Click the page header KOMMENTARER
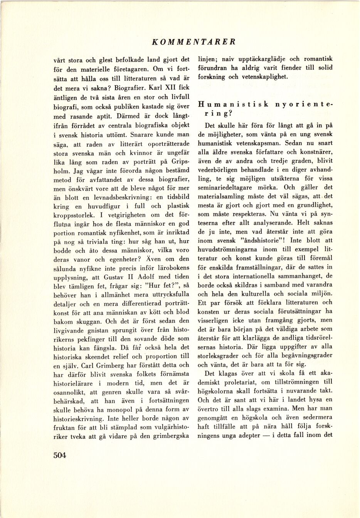[193, 42]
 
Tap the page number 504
[60, 455]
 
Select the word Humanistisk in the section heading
[233, 105]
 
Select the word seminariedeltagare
[230, 188]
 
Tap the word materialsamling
[222, 196]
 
